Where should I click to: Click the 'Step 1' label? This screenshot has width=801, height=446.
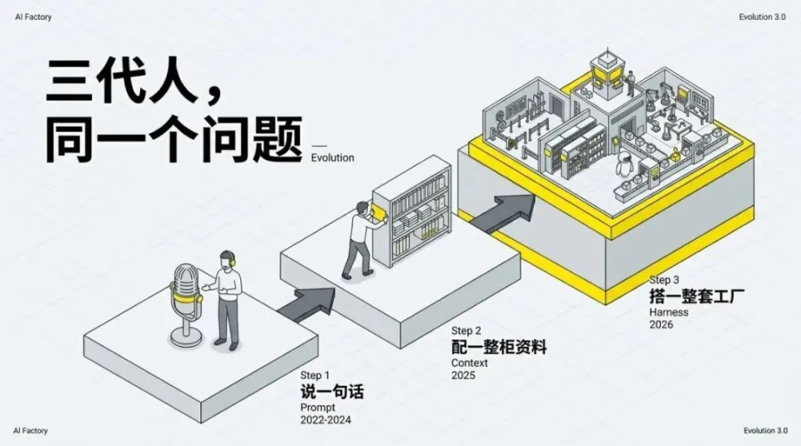315,375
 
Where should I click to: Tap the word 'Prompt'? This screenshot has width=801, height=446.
317,407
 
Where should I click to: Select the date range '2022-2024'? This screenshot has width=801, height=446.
325,420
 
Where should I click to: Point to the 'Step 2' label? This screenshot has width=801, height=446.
466,331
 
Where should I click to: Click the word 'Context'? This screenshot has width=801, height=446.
470,363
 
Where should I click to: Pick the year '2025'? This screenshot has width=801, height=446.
463,376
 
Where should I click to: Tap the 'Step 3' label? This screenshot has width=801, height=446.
664,280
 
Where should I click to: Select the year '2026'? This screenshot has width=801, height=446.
661,325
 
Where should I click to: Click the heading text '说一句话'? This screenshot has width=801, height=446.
332,391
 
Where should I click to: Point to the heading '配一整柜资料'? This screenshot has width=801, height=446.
499,347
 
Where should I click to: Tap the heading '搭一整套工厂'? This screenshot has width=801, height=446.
697,296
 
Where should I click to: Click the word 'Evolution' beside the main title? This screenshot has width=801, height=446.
332,158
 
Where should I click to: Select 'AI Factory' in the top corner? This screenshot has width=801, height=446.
33,17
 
